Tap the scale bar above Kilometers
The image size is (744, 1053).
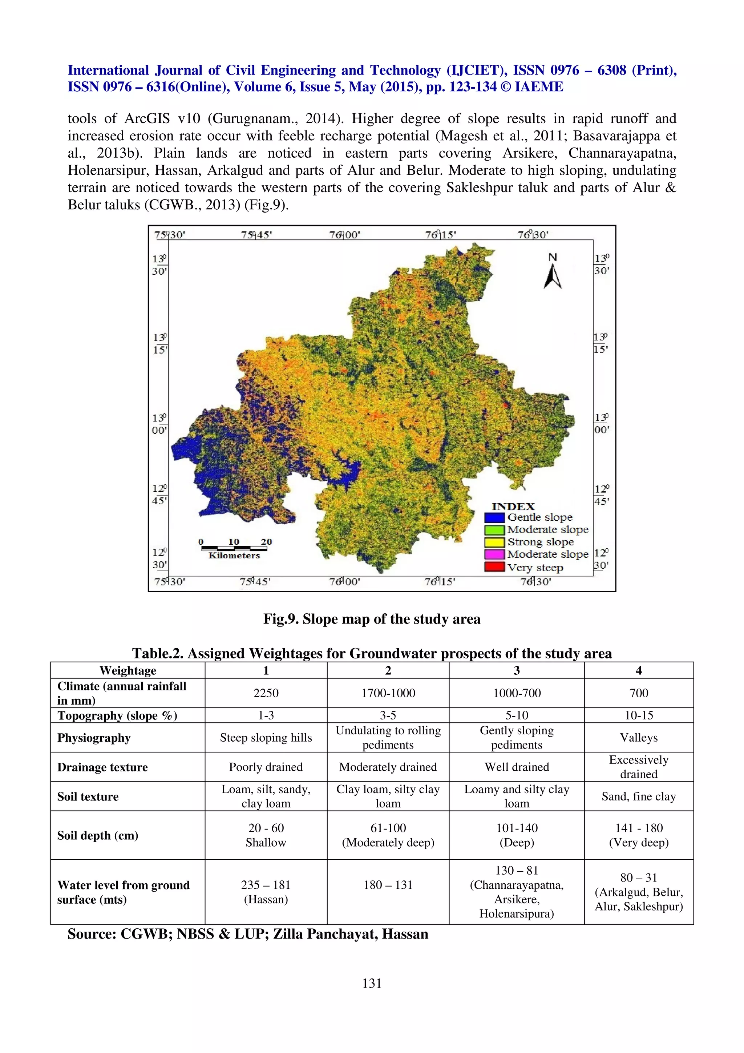234,548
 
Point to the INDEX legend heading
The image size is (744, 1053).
513,506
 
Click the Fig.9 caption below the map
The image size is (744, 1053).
372,619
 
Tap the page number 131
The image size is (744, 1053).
372,983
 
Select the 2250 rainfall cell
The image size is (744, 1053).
266,693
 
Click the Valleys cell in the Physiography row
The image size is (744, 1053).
639,738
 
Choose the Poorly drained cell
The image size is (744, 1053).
266,767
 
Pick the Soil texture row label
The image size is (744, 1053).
88,796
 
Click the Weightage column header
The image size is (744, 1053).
128,670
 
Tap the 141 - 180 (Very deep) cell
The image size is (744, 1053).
639,835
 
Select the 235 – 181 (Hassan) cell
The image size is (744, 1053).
266,892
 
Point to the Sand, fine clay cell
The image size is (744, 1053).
639,796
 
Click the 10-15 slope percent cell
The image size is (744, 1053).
639,715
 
